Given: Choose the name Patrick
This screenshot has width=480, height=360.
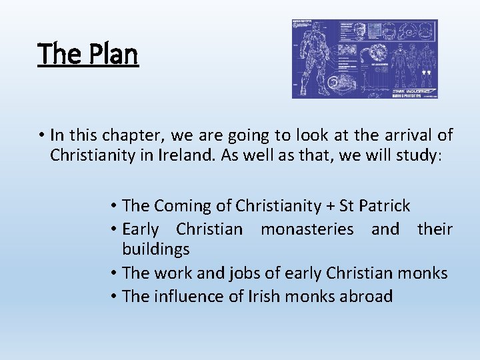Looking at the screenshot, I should [386, 207].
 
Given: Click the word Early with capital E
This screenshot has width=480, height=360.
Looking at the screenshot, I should [141, 229].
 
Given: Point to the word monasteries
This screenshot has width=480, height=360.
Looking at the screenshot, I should [307, 229].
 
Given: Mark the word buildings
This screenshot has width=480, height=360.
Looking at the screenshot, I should [155, 250].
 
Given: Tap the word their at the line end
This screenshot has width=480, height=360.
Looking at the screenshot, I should [435, 229].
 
